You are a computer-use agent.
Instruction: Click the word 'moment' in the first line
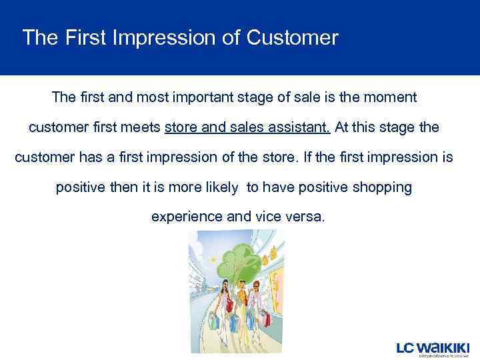click(x=389, y=97)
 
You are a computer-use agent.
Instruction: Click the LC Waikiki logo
click(x=433, y=349)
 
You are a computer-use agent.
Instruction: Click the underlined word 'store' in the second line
click(x=181, y=127)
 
